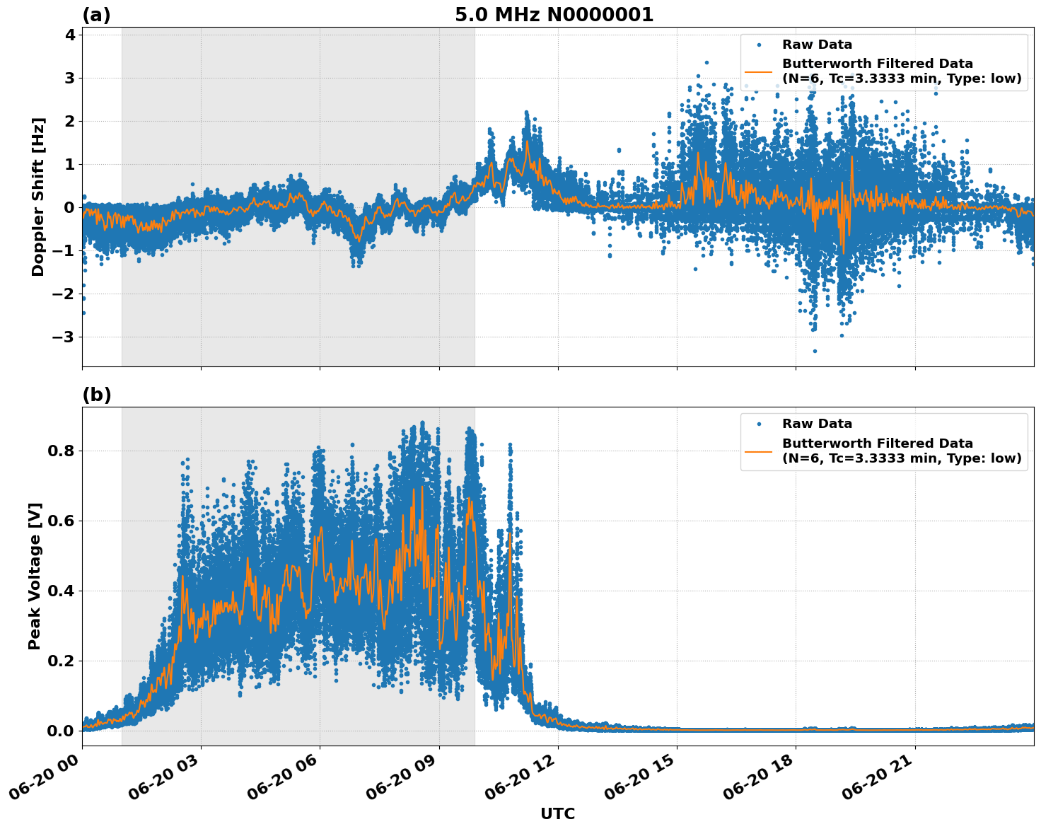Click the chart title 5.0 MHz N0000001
pos(554,15)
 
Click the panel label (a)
pos(96,15)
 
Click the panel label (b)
pos(96,395)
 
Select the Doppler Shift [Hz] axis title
pos(38,197)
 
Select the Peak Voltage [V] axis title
pos(35,576)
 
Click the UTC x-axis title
pos(557,813)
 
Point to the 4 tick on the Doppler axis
pos(69,35)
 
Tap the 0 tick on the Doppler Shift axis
pos(69,207)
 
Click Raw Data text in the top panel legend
pos(817,45)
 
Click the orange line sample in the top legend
pos(758,71)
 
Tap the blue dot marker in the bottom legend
pos(758,424)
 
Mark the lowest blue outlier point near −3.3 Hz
pos(815,351)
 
